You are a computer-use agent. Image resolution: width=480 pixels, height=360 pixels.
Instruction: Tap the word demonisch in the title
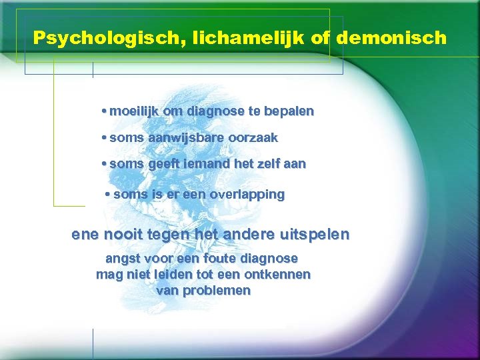[391, 37]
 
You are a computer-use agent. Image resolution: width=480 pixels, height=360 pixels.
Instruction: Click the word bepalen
[289, 111]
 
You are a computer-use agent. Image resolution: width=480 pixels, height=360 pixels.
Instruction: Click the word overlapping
[247, 195]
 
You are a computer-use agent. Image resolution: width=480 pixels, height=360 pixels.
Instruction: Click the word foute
[223, 258]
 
